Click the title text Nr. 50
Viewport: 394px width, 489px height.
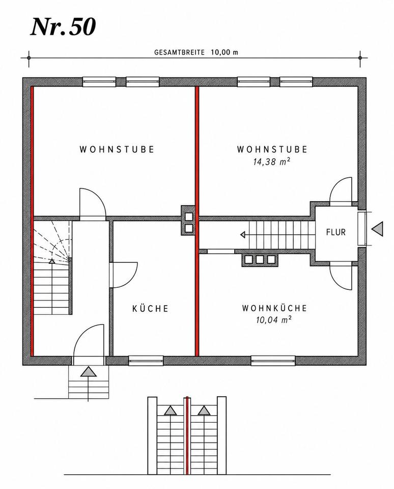63,27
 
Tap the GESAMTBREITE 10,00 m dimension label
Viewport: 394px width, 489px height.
196,52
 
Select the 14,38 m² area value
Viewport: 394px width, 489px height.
273,161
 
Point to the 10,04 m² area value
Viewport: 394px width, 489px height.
274,320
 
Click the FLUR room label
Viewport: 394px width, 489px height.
335,232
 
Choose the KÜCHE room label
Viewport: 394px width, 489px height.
150,309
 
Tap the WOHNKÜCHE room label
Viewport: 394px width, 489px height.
274,308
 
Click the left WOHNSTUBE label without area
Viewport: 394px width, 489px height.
117,149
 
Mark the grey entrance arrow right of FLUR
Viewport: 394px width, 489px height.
377,229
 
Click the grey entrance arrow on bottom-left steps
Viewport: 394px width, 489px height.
88,372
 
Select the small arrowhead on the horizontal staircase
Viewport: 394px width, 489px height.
243,234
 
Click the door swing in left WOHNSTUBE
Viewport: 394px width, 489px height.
93,203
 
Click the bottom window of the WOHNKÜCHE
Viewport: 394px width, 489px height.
273,361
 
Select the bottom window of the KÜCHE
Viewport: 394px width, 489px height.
146,361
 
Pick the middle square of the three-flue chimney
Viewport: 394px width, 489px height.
260,259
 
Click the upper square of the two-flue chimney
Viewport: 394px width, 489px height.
188,216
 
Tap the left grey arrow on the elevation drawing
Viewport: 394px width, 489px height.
170,411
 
